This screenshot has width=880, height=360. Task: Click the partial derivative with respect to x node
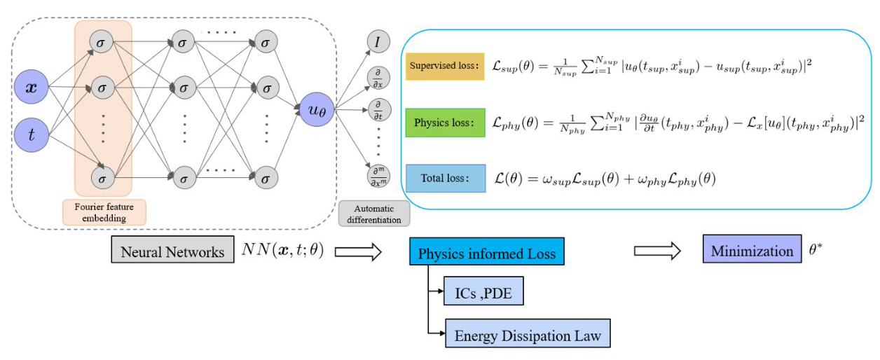pos(378,77)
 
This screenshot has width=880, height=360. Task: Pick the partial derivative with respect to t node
pos(378,111)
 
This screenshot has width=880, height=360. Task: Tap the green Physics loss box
pos(445,123)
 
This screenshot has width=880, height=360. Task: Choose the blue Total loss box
pos(445,178)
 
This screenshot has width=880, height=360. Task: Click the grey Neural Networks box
pos(172,251)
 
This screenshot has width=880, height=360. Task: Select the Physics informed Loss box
pos(487,253)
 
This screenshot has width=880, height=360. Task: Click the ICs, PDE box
pos(483,291)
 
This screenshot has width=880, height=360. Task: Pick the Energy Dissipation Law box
pos(528,334)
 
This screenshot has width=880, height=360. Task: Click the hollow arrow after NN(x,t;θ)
pos(357,251)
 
